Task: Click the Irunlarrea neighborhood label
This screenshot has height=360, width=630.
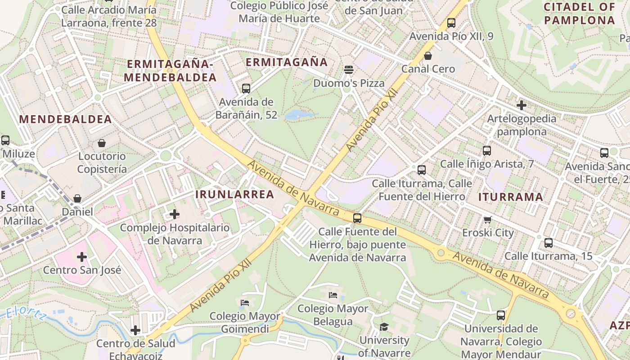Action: coord(235,194)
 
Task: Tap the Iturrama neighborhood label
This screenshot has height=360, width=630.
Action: coord(510,197)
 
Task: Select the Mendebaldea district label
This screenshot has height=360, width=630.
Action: coord(65,119)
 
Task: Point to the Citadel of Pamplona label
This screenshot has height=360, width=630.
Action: coord(579,13)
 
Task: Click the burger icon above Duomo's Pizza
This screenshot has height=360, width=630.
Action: coord(349,70)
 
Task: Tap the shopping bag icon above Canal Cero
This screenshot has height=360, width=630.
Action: coord(428,56)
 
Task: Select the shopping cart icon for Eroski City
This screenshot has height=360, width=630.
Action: coord(487,220)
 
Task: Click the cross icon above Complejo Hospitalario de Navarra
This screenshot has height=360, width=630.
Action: coord(175,214)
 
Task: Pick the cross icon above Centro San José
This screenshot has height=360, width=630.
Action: coord(82,257)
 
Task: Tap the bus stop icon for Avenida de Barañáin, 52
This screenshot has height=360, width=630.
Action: coord(246,88)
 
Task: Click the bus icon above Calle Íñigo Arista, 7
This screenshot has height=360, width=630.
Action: coord(486,151)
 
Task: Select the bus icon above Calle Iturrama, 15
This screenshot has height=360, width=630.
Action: coord(549,243)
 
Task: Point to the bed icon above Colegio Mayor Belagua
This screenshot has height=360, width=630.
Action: coord(333,295)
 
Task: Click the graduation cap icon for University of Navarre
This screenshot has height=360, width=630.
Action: coord(384,327)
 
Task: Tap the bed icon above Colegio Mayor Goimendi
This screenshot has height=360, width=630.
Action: coord(245,302)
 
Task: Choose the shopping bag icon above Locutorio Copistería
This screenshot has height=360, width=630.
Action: coord(102,143)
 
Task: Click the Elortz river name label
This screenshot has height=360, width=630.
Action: coord(26,313)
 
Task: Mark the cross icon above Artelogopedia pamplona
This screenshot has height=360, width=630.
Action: coord(522,105)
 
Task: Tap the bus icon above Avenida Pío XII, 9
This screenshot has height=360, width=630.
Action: coord(451,23)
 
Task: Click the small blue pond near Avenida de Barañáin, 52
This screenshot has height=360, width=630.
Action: coord(296,114)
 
